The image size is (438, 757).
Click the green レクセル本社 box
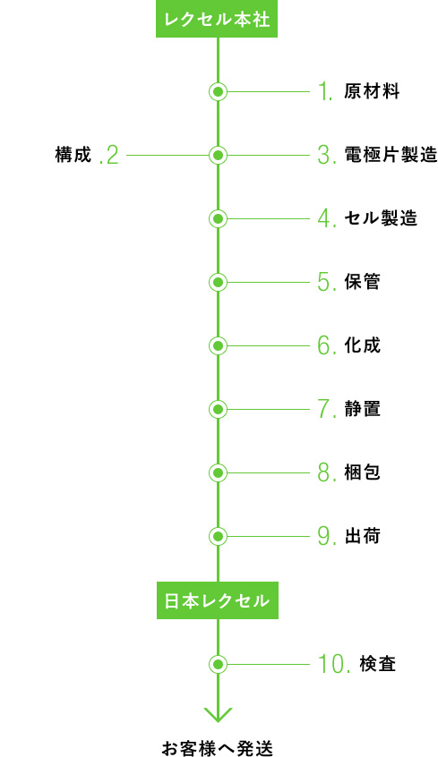click(x=217, y=19)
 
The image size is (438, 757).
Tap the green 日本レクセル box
click(x=217, y=600)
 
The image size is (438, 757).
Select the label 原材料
click(x=372, y=91)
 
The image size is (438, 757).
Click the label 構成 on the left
click(x=73, y=155)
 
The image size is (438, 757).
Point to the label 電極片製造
click(x=391, y=155)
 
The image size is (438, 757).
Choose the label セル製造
click(x=381, y=218)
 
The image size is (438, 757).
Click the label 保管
click(x=362, y=282)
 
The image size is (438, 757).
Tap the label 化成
click(x=362, y=345)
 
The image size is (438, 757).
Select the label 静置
click(x=362, y=409)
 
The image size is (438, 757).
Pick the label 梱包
click(x=362, y=472)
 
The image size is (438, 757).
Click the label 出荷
click(x=362, y=536)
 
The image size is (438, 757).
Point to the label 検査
click(x=378, y=664)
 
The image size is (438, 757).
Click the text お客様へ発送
click(x=217, y=748)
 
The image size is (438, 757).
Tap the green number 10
click(x=333, y=664)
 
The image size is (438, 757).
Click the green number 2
click(x=108, y=156)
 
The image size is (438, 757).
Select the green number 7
click(x=327, y=410)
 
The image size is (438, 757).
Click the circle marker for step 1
click(x=218, y=91)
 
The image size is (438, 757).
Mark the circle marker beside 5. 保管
click(x=218, y=282)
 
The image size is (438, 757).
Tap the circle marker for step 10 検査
click(x=218, y=664)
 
